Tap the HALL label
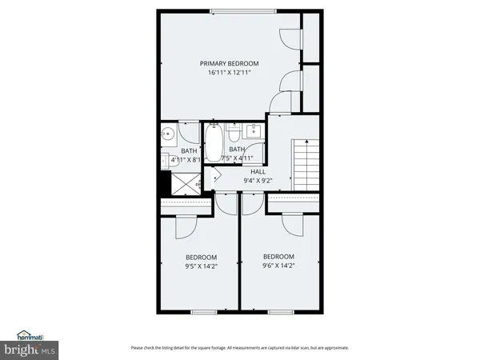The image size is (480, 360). pos(258,172)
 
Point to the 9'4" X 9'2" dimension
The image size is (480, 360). pos(258,181)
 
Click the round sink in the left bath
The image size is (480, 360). pos(169,134)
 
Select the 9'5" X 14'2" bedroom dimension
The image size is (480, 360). pos(201,268)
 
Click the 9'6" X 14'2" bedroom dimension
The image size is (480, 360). pos(279,266)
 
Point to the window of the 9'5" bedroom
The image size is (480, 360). pos(204,310)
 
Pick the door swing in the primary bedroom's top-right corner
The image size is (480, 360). pos(291,34)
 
